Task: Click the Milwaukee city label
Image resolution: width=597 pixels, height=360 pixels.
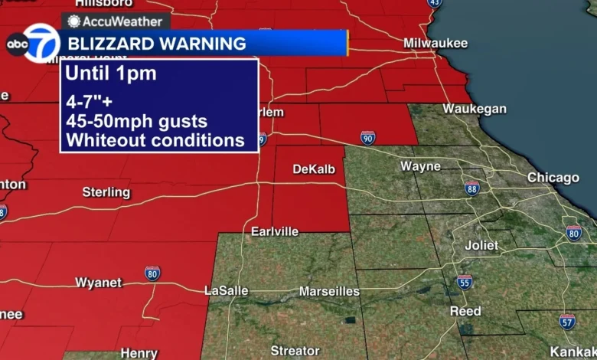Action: coord(435,43)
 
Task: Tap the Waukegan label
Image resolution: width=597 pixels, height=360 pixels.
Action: coord(474,109)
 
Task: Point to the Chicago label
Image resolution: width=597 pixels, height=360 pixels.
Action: coord(553,178)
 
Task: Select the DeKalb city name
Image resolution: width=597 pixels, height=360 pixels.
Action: coord(314,169)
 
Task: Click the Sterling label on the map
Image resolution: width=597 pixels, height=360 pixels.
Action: coord(106,191)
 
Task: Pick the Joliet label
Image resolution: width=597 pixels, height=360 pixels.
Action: coord(481,246)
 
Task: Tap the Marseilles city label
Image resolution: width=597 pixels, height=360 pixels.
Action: coord(329,291)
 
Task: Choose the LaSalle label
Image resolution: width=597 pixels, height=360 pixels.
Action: coord(227,291)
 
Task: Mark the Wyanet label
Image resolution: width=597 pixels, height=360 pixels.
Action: coord(98,283)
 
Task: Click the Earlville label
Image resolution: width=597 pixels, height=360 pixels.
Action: coord(275,231)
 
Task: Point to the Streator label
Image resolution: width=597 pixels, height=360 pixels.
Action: coord(295,351)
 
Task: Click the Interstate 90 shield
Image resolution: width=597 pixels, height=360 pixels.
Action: coord(368,137)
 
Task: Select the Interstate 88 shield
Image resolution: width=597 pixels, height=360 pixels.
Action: coord(472,188)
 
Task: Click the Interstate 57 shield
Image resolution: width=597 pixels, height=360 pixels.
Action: coord(566,321)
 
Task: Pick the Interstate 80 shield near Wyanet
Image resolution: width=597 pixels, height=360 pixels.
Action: coord(152,273)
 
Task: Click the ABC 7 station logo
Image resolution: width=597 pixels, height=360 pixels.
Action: coord(33,44)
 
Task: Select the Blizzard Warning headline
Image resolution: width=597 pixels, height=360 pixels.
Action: coord(157,44)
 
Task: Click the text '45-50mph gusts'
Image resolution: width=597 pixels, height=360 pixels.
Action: coord(136,122)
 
